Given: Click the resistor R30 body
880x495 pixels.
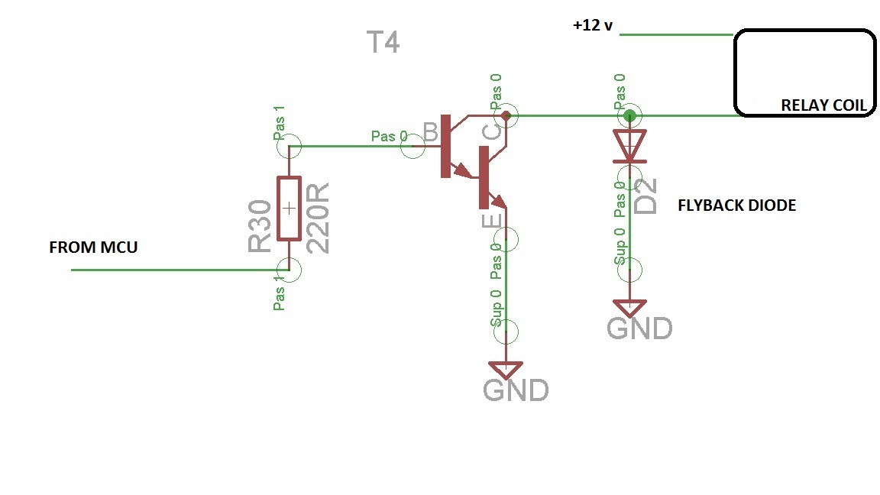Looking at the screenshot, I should (x=289, y=208).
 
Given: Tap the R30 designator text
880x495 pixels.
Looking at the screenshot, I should (x=260, y=226).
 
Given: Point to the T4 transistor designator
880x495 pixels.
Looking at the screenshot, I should (x=383, y=43).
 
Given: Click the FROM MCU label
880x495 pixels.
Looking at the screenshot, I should (x=93, y=247).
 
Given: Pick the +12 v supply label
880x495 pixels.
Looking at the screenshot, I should (x=594, y=24).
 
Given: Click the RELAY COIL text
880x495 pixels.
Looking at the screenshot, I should (x=823, y=106).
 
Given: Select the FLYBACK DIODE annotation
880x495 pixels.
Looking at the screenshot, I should (x=736, y=205).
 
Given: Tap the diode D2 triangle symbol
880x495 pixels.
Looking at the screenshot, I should (x=629, y=146).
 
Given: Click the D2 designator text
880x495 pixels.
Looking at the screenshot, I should (x=646, y=196).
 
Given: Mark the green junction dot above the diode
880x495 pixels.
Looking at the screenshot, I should (x=629, y=116).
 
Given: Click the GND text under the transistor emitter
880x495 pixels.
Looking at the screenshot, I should (x=516, y=390).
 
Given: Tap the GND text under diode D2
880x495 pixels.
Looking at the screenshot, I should (x=639, y=328).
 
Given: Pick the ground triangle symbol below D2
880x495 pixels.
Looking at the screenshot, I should (x=629, y=308).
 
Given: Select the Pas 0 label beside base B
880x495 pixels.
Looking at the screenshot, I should (x=389, y=136).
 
